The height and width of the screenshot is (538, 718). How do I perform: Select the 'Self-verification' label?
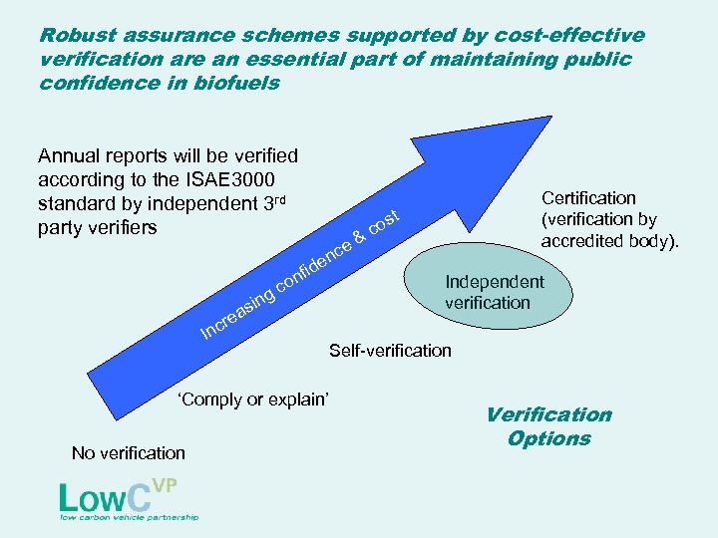(390, 351)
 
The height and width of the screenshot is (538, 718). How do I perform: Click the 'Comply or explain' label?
(253, 400)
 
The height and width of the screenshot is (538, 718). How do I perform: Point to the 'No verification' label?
(129, 453)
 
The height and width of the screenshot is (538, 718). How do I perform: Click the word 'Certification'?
(588, 198)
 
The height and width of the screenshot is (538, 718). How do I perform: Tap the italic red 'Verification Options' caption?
(548, 426)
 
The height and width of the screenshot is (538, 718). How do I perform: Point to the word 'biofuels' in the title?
(235, 84)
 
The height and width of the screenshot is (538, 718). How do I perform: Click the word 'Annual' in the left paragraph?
(70, 155)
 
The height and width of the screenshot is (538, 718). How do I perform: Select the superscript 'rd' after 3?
(279, 199)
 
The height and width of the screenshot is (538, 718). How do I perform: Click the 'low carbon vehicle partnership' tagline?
(130, 517)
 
